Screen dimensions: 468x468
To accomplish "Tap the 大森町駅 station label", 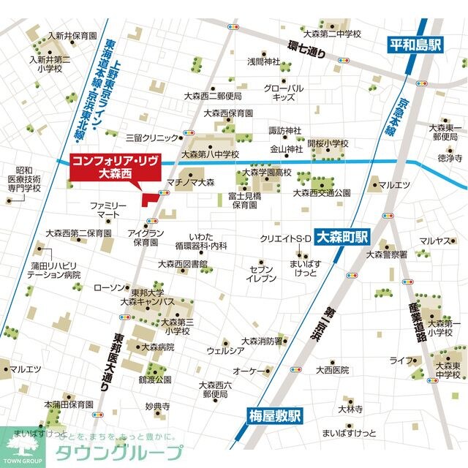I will coord(343,236).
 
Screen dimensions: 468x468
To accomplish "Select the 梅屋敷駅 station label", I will coord(271,418).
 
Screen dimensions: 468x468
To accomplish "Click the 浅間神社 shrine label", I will coord(263,61).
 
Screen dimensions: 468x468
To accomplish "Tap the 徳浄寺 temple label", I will coord(450,157).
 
